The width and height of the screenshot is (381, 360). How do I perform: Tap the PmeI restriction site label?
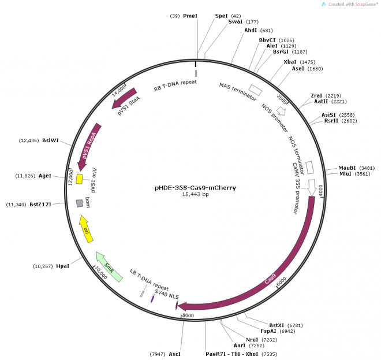point(190,16)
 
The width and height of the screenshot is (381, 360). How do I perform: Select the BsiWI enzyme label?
point(50,140)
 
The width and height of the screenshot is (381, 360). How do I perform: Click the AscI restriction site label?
point(175,352)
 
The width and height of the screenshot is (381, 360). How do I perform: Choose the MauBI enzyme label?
point(348,168)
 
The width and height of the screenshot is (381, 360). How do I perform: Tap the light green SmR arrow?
point(109,267)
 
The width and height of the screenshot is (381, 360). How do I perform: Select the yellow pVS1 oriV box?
point(80,179)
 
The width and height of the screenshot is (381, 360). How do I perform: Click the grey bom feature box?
point(80,203)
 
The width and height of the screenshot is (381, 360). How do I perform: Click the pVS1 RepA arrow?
point(89,144)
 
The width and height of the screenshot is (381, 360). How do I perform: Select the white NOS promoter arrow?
point(282,110)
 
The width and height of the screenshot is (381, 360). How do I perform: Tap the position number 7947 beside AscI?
point(158,352)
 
